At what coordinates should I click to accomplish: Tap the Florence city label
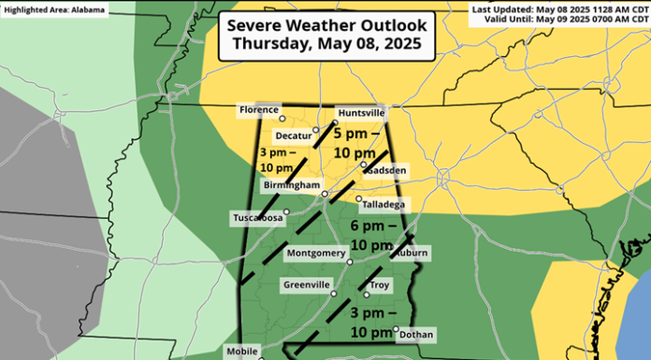pyautogui.click(x=259, y=109)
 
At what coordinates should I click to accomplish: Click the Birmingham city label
pyautogui.click(x=291, y=187)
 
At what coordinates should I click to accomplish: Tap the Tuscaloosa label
pyautogui.click(x=256, y=218)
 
